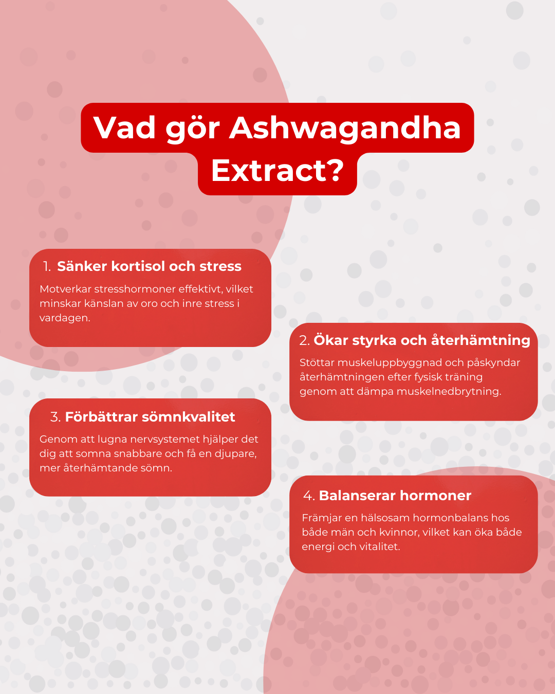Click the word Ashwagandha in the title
click(345, 127)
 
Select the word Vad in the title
click(124, 127)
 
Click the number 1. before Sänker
click(47, 266)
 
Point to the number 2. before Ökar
click(305, 340)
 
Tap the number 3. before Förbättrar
click(55, 417)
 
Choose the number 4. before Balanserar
click(309, 496)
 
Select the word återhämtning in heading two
click(480, 340)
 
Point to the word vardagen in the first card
click(64, 318)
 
